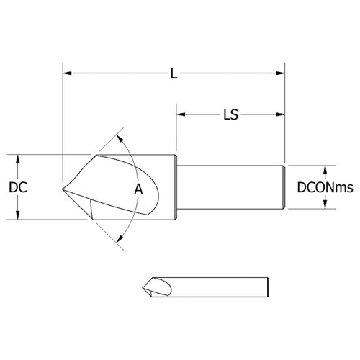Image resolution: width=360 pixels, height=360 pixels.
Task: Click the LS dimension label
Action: click(x=230, y=114)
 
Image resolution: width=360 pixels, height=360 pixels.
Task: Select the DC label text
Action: click(x=19, y=187)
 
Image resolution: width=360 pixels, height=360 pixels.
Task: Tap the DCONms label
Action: click(x=325, y=188)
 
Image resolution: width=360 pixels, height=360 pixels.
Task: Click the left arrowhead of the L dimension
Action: click(x=67, y=72)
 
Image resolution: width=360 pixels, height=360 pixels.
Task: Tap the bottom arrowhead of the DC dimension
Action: click(x=16, y=215)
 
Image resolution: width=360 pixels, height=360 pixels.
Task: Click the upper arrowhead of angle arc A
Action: click(x=122, y=138)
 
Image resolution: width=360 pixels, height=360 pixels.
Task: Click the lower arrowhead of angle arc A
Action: click(x=121, y=241)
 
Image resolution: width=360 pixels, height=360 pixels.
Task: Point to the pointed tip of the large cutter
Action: click(x=63, y=189)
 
